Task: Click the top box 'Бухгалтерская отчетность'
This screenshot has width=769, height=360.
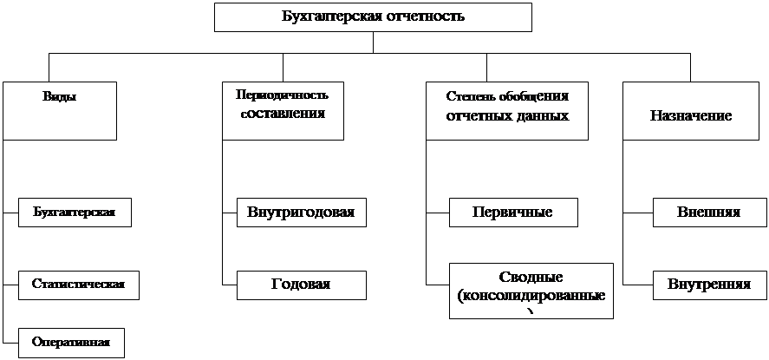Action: point(373,16)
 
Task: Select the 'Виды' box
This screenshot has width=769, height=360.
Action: point(59,110)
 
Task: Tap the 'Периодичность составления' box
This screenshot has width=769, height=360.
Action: point(282,110)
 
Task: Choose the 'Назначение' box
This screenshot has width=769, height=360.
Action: point(691,110)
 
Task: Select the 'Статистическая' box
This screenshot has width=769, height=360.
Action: point(78,285)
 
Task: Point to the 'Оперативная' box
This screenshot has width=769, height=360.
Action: point(70,342)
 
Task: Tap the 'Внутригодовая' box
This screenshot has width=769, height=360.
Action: point(300,213)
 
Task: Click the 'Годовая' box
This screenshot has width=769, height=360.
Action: point(300,285)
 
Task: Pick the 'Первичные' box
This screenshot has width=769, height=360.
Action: point(513,213)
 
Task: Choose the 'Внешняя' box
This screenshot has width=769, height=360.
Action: point(708,213)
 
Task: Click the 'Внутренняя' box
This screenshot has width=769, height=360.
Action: point(708,285)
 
